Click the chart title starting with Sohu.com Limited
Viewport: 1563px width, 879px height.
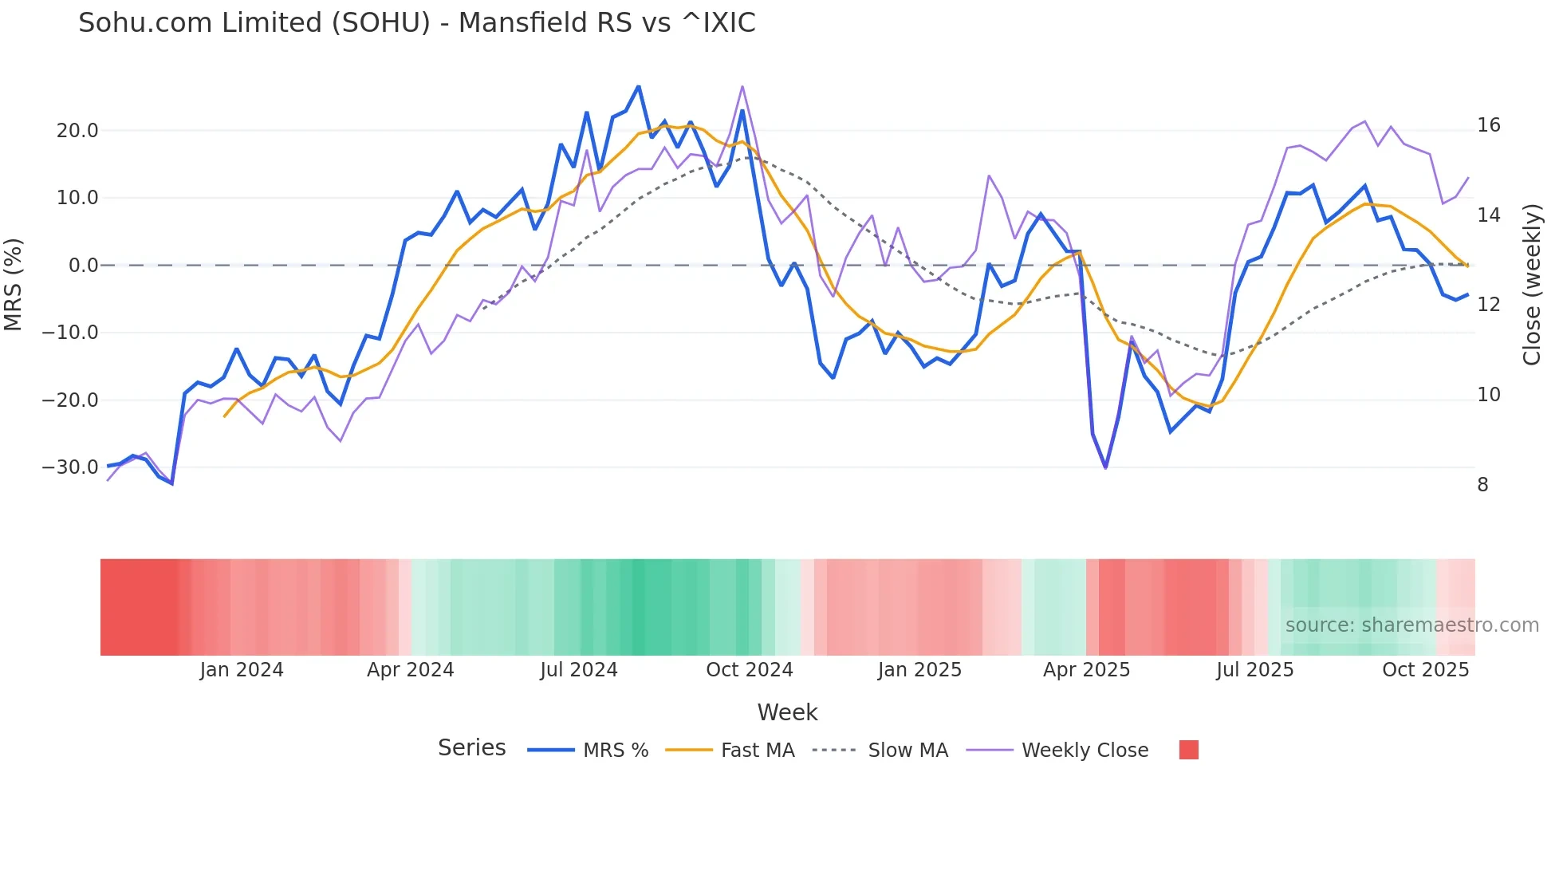pos(416,23)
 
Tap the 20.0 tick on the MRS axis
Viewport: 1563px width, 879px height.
pos(77,131)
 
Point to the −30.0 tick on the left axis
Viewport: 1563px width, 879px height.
pos(71,467)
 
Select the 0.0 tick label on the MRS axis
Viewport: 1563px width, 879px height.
pos(83,266)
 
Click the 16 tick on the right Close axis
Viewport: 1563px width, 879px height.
pos(1488,125)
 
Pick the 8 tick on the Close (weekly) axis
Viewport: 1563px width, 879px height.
pos(1482,485)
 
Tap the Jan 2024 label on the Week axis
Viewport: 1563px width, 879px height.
pos(242,670)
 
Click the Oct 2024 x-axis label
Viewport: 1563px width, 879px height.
pos(750,670)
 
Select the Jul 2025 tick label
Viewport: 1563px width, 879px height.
pos(1254,670)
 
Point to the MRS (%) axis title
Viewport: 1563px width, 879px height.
pos(14,285)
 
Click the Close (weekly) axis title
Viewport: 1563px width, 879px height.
pos(1531,285)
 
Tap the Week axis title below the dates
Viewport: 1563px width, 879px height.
pos(787,712)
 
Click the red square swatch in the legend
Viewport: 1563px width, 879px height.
pos(1188,750)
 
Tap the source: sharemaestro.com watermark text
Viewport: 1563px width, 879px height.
pos(1411,625)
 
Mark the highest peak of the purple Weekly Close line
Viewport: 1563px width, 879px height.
pos(742,86)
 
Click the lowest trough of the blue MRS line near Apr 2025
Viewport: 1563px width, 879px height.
pos(1105,467)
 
